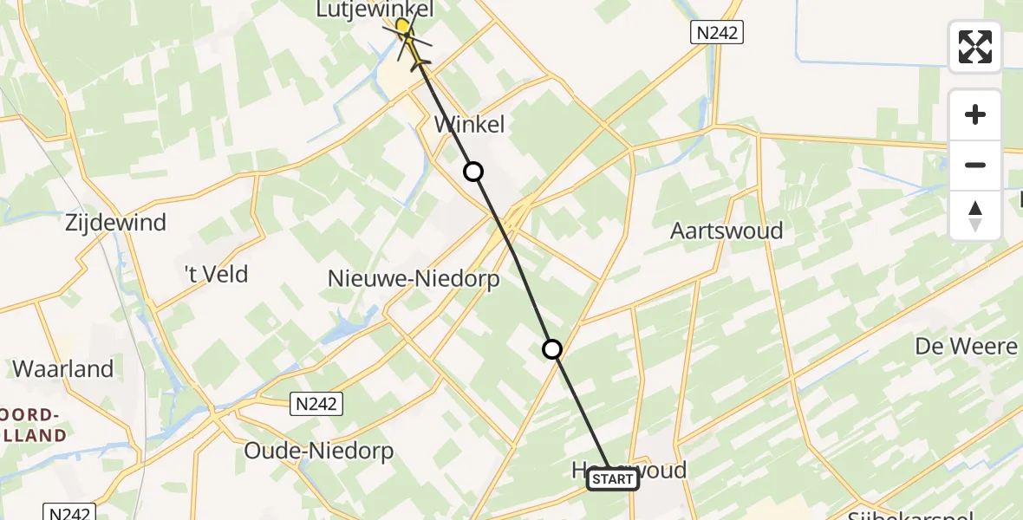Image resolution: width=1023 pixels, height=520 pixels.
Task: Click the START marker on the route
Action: pos(613,479)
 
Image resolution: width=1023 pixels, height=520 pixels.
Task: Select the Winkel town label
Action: pos(468,125)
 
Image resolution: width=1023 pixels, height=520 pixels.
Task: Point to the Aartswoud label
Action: pos(727,231)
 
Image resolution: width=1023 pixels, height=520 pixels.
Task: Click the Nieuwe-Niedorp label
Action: pos(414,279)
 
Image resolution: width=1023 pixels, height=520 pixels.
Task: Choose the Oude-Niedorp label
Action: pos(318,451)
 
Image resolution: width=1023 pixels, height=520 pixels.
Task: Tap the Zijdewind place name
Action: pos(114,223)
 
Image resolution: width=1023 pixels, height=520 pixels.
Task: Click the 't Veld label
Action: pos(216,275)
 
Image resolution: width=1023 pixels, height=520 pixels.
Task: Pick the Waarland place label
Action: pos(62,368)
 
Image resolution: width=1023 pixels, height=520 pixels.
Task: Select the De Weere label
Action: pos(966,347)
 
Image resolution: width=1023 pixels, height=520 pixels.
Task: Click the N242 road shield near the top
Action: pos(717,33)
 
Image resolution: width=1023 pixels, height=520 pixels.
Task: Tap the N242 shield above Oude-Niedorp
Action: pos(316,403)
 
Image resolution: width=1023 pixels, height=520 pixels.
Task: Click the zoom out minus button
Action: pos(975,165)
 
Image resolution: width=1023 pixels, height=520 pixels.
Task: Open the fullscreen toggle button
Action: pos(975,47)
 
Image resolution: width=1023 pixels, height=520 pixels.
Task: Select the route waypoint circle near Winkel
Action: pos(472,172)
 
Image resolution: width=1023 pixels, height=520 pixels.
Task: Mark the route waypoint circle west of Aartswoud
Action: pos(552,349)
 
